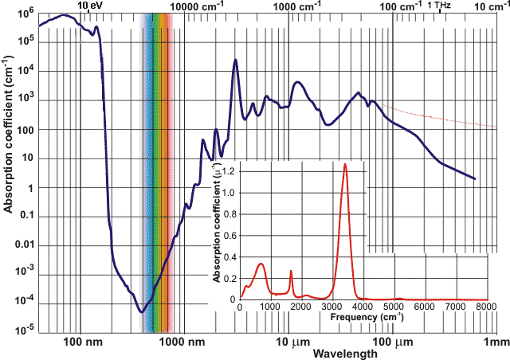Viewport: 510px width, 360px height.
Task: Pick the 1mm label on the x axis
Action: click(496, 342)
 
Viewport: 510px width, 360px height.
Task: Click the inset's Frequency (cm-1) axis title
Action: click(349, 316)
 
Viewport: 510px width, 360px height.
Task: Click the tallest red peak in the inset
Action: click(345, 165)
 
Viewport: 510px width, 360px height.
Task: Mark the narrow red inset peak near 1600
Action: click(291, 272)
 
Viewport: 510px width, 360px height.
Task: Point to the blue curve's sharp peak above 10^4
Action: click(235, 61)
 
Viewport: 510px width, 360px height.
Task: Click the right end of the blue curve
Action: click(475, 178)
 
